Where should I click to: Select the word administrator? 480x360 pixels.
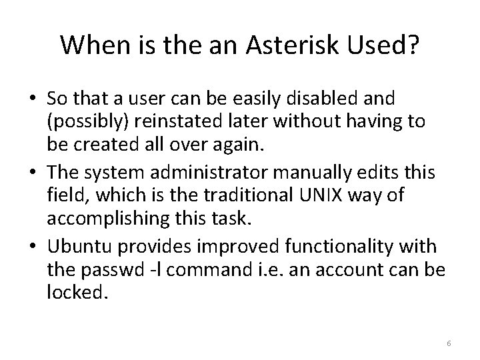(206, 172)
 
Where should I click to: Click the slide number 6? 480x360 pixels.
(449, 343)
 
